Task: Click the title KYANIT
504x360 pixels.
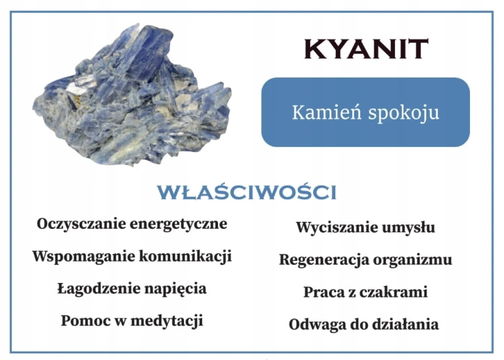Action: tap(366, 49)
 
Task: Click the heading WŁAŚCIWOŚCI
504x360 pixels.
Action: tap(246, 193)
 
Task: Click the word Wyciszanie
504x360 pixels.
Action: tap(330, 228)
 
